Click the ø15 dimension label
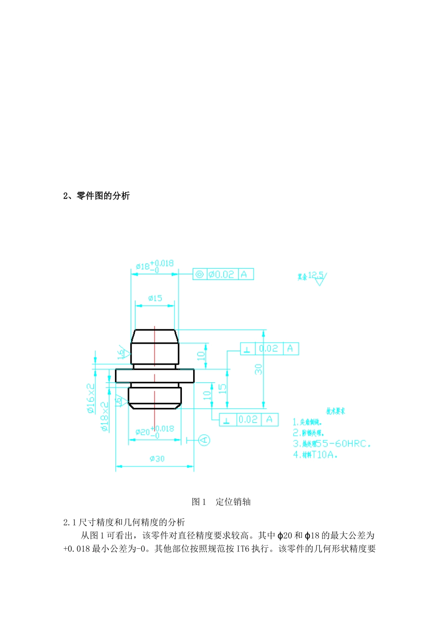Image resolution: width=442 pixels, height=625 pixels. pos(155,298)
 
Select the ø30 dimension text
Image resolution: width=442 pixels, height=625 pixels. pos(157,459)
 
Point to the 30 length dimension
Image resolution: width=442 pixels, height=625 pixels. pos(259,369)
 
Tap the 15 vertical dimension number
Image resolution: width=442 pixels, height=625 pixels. pos(222,389)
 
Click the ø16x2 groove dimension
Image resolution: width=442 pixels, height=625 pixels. pos(91,398)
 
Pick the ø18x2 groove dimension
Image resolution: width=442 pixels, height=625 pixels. pos(105,416)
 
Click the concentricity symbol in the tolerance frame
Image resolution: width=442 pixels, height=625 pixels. pos(199,274)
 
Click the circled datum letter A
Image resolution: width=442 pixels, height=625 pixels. pos(204,439)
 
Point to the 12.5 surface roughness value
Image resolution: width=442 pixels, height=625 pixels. pos(315,275)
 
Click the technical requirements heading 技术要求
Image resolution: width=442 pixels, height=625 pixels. pos(335,411)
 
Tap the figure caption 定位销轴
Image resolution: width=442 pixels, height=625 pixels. pos(233,502)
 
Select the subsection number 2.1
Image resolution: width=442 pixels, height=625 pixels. pos(70,522)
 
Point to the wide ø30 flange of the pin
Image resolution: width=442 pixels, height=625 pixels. pos(155,375)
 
